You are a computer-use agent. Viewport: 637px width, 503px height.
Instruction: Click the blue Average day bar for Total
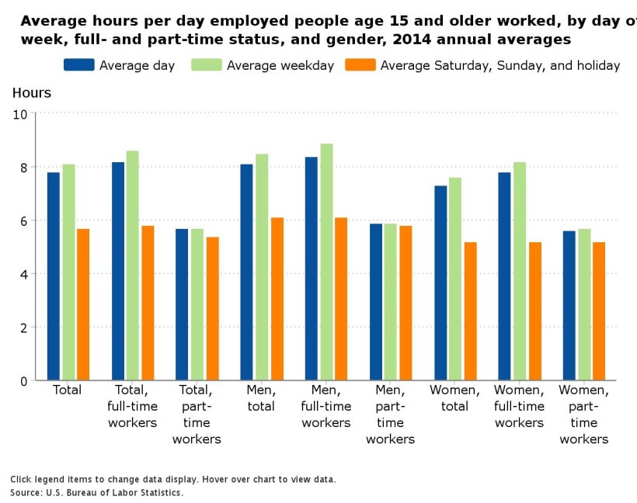point(53,276)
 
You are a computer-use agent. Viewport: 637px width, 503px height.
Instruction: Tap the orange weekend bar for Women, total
point(470,311)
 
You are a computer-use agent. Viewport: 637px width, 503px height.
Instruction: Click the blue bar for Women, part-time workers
point(569,306)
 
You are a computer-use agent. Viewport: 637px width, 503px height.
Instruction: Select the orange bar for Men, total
point(277,299)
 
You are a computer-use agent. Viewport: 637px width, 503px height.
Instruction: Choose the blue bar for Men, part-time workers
point(375,302)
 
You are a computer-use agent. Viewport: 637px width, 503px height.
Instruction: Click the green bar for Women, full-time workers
point(519,271)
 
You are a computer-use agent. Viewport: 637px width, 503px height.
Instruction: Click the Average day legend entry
point(120,65)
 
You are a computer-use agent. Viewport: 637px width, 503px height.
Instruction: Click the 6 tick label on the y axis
point(23,221)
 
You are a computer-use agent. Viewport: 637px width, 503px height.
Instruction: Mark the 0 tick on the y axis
point(23,381)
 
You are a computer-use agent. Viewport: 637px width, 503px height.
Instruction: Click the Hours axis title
point(32,93)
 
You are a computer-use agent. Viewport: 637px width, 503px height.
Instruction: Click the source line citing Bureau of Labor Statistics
point(97,493)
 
